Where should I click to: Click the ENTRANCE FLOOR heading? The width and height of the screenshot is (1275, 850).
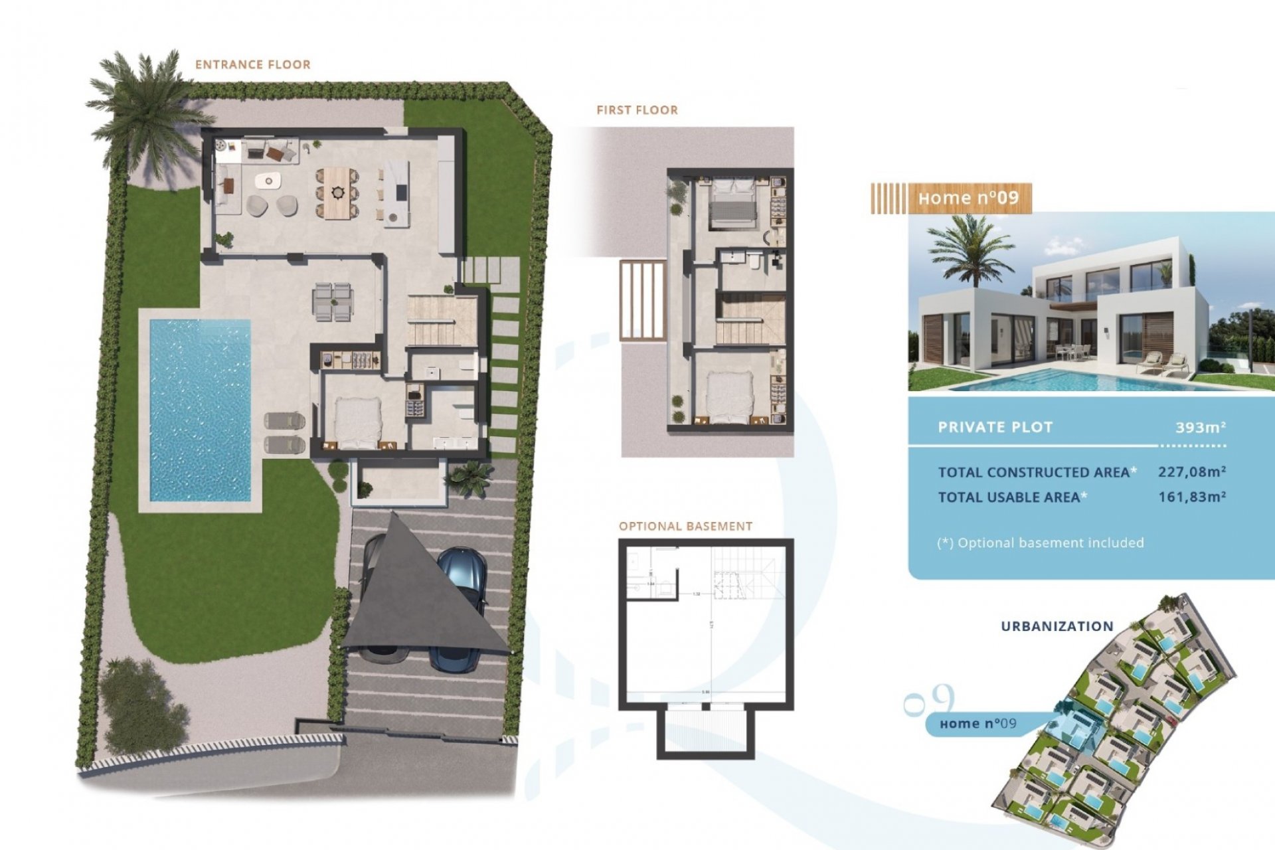tap(252, 64)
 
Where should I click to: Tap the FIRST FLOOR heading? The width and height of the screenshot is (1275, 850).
tap(637, 110)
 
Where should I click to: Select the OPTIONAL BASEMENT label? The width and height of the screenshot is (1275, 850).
tap(685, 527)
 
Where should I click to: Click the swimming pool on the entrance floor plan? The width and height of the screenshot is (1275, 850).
tap(200, 410)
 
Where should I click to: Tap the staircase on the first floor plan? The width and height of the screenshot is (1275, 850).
tap(750, 319)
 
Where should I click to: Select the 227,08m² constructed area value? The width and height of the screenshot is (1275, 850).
tap(1191, 472)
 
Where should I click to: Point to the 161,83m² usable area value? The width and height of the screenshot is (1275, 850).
tap(1191, 497)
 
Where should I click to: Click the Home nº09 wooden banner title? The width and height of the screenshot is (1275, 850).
tap(968, 199)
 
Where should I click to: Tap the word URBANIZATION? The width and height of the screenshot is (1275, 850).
tap(1057, 626)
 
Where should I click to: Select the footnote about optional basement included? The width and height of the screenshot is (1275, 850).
tap(1040, 543)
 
